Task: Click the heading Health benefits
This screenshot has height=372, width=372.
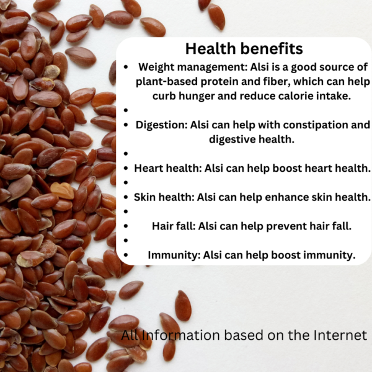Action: [x=244, y=48]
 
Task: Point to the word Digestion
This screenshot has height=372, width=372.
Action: [x=161, y=125]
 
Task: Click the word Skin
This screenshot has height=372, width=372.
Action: [x=145, y=197]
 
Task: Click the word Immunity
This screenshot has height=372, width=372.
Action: [x=174, y=255]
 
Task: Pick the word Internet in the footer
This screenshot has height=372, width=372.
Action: [x=340, y=335]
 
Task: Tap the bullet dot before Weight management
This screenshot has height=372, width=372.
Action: [x=126, y=67]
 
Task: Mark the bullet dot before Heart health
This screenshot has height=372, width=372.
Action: [x=126, y=169]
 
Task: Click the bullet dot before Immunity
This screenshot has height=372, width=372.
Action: [x=126, y=255]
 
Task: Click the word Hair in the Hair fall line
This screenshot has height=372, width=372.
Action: [x=162, y=226]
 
